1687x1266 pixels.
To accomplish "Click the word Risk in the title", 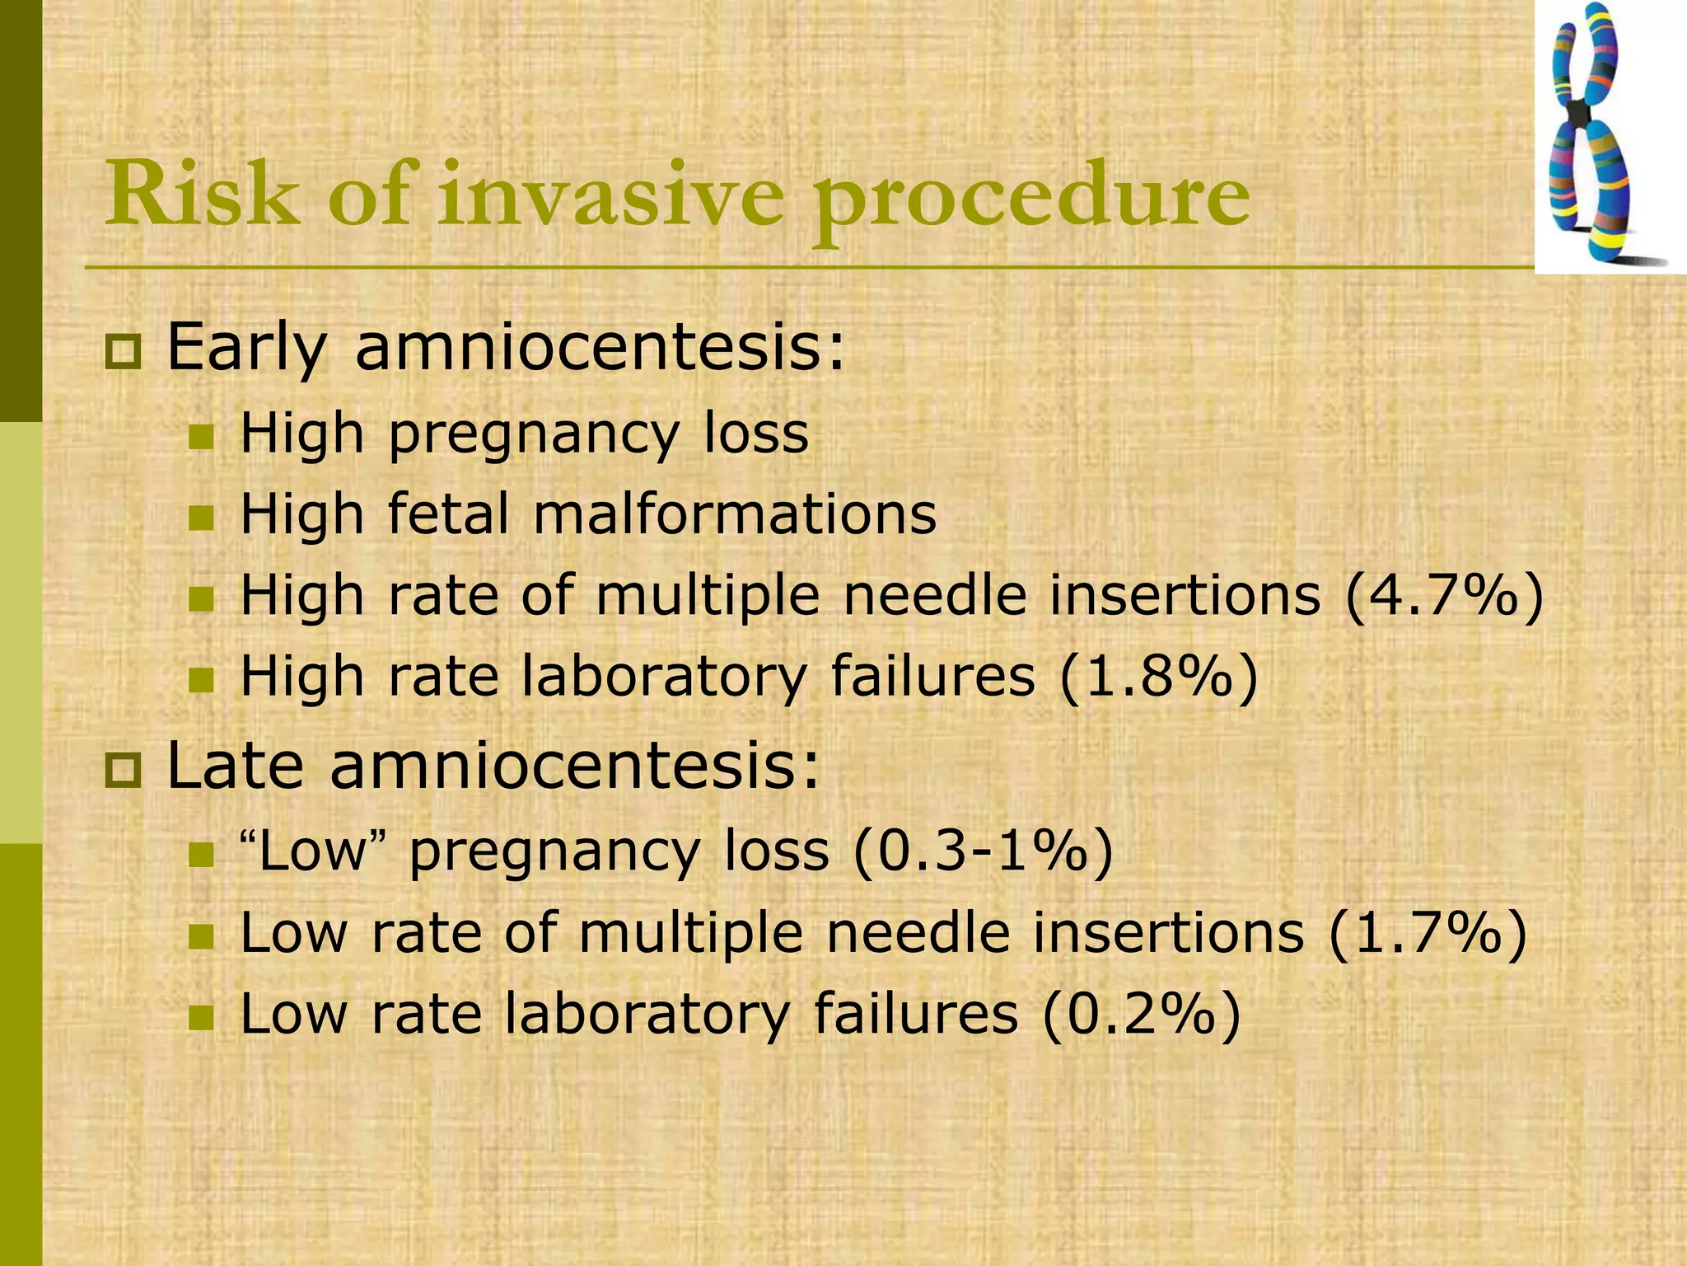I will point(203,195).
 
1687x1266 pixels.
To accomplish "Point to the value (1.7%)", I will point(1428,933).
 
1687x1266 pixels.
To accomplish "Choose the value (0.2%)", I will point(1141,1014).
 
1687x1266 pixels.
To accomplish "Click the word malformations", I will point(735,514).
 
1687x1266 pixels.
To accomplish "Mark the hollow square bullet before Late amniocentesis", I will point(124,771).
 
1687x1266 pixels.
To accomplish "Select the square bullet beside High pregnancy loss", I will point(200,437).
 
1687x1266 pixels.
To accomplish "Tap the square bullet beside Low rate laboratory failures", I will point(200,1017).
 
